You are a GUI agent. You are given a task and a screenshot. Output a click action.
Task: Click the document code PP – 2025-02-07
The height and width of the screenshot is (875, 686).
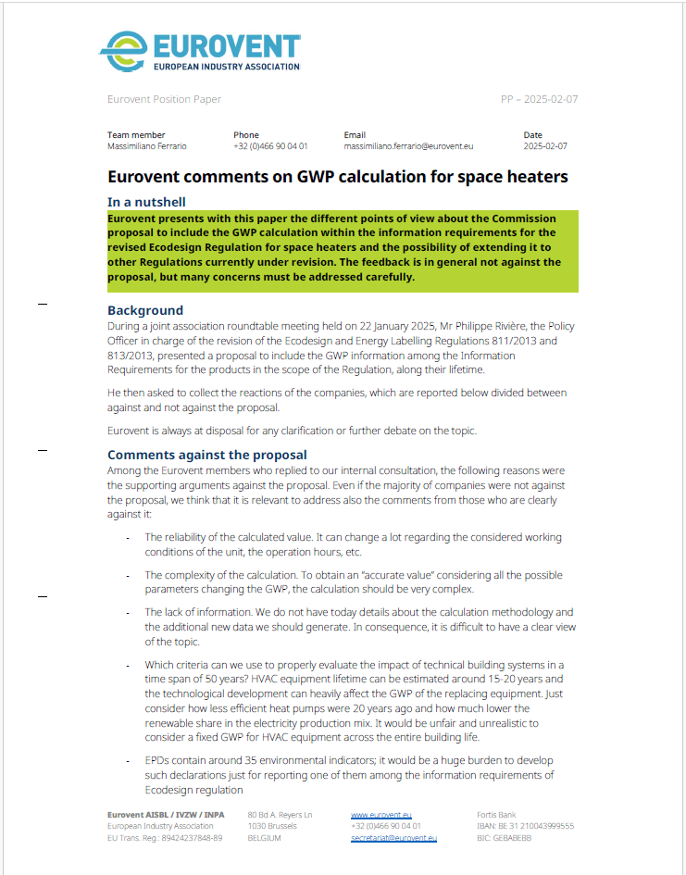click(539, 99)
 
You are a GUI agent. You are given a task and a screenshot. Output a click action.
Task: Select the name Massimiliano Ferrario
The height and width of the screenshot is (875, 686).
click(146, 146)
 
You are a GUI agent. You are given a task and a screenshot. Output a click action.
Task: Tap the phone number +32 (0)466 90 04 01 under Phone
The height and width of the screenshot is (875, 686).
click(270, 146)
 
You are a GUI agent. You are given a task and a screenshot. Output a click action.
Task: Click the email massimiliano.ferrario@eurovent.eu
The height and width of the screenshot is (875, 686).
click(408, 146)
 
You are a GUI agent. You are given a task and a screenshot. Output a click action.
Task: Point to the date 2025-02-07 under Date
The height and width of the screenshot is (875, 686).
click(545, 146)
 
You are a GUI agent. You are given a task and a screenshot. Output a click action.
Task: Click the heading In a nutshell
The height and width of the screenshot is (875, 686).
click(146, 202)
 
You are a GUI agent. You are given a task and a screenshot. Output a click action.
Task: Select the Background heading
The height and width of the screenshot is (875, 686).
click(145, 310)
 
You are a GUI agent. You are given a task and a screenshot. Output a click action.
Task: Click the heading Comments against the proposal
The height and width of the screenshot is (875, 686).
click(207, 455)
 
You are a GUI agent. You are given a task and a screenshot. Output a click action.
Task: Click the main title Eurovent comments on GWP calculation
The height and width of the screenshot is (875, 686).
click(338, 176)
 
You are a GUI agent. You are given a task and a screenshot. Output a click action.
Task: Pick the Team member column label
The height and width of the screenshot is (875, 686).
click(136, 135)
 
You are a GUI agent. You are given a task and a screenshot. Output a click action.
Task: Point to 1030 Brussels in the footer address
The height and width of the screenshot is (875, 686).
click(272, 826)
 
